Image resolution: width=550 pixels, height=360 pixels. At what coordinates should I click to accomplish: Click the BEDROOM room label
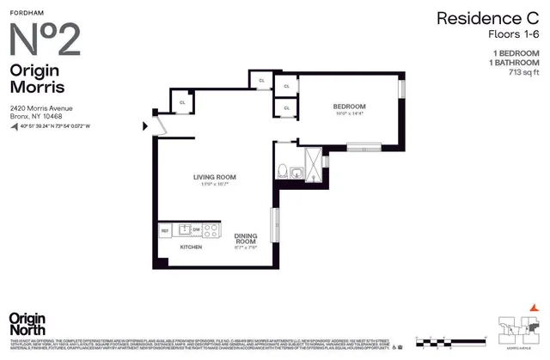tap(348, 106)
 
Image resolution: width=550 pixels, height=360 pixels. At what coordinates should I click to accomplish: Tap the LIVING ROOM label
tap(214, 177)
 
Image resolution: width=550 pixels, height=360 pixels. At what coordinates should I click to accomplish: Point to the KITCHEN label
tap(190, 247)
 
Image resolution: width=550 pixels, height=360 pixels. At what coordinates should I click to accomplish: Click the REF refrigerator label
tap(164, 230)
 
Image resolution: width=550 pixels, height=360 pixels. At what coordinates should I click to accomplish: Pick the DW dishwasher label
tap(196, 230)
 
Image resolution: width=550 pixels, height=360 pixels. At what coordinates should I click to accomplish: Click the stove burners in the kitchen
tap(211, 230)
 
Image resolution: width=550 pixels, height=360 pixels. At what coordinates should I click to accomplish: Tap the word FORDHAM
tap(27, 10)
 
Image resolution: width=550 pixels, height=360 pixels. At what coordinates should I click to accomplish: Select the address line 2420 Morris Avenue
tap(40, 107)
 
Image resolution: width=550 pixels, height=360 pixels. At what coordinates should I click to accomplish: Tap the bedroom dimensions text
tap(348, 113)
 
